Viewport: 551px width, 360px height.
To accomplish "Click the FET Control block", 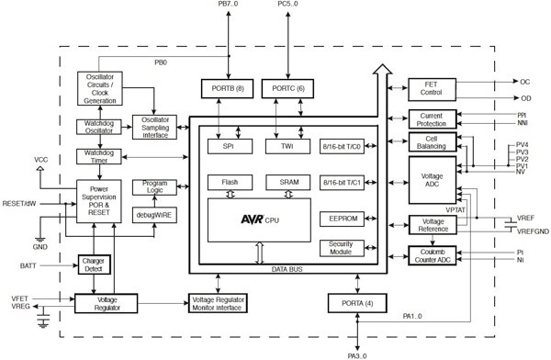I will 431,89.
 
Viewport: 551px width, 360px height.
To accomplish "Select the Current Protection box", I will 431,118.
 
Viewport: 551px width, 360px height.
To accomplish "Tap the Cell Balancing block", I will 431,142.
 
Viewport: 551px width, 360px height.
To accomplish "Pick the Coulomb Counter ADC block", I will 431,254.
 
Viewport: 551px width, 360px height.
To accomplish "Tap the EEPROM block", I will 343,219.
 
